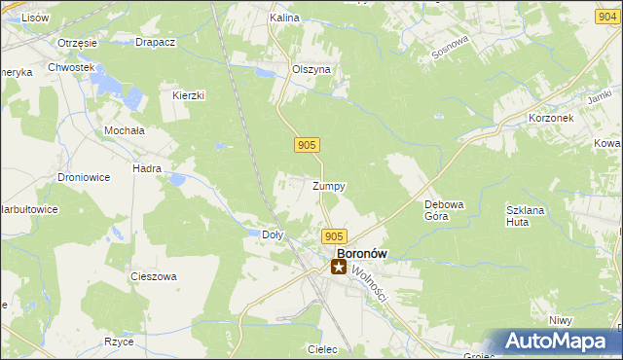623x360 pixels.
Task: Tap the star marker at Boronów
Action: pyautogui.click(x=339, y=266)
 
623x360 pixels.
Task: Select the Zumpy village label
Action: pyautogui.click(x=329, y=185)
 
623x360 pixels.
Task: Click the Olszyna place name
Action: pyautogui.click(x=312, y=70)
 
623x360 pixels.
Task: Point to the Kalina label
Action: pyautogui.click(x=283, y=18)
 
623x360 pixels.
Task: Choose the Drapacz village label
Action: pyautogui.click(x=155, y=43)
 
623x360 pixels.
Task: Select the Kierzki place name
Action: pyautogui.click(x=188, y=95)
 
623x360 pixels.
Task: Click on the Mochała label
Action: pyautogui.click(x=125, y=129)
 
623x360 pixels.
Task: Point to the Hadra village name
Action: pyautogui.click(x=147, y=168)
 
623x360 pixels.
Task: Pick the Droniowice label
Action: pyautogui.click(x=85, y=177)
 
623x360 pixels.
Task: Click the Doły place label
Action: pyautogui.click(x=274, y=234)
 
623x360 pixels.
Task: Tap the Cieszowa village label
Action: pyautogui.click(x=154, y=276)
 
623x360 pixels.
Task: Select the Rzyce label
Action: pyautogui.click(x=119, y=342)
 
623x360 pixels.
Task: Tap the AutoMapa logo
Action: pyautogui.click(x=557, y=342)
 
